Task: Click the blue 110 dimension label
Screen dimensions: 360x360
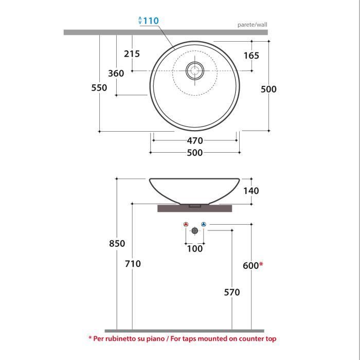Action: pyautogui.click(x=151, y=21)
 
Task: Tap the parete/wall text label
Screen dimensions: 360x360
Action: pyautogui.click(x=252, y=25)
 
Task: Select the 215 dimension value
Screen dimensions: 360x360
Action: pyautogui.click(x=132, y=53)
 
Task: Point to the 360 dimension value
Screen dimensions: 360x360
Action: pyautogui.click(x=116, y=74)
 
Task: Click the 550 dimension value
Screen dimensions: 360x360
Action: pyautogui.click(x=99, y=88)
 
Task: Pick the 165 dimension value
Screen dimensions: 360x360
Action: pyautogui.click(x=251, y=56)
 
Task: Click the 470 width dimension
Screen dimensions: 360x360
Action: pyautogui.click(x=195, y=141)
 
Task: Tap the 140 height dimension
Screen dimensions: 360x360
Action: pyautogui.click(x=251, y=191)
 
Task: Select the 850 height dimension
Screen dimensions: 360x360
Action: pyautogui.click(x=117, y=243)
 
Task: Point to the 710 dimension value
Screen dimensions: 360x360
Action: pyautogui.click(x=133, y=264)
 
